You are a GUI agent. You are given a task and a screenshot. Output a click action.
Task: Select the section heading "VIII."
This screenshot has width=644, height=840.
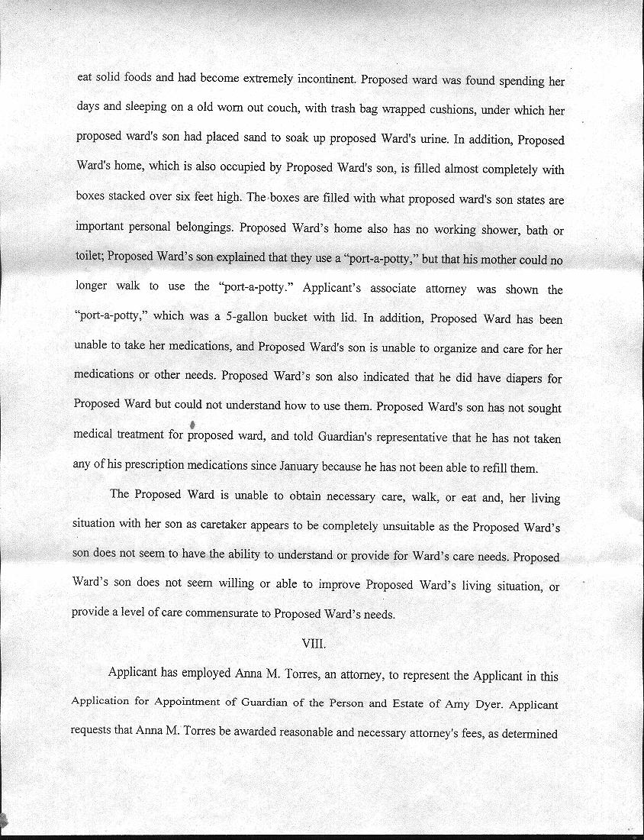(314, 643)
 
